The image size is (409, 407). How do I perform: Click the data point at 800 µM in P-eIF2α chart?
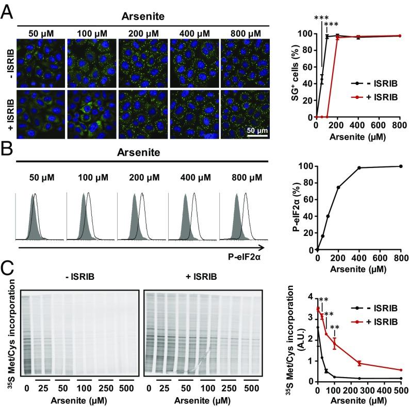click(x=401, y=166)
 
